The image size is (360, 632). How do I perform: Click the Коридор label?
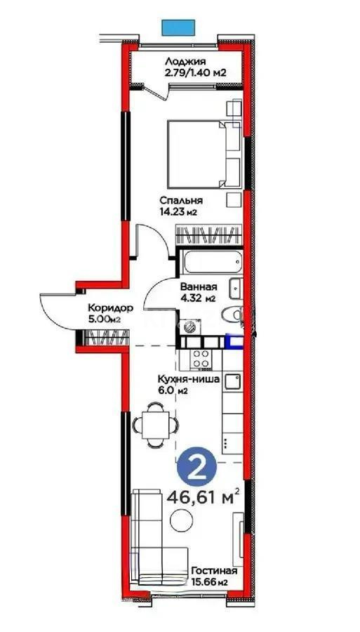pos(107,308)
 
